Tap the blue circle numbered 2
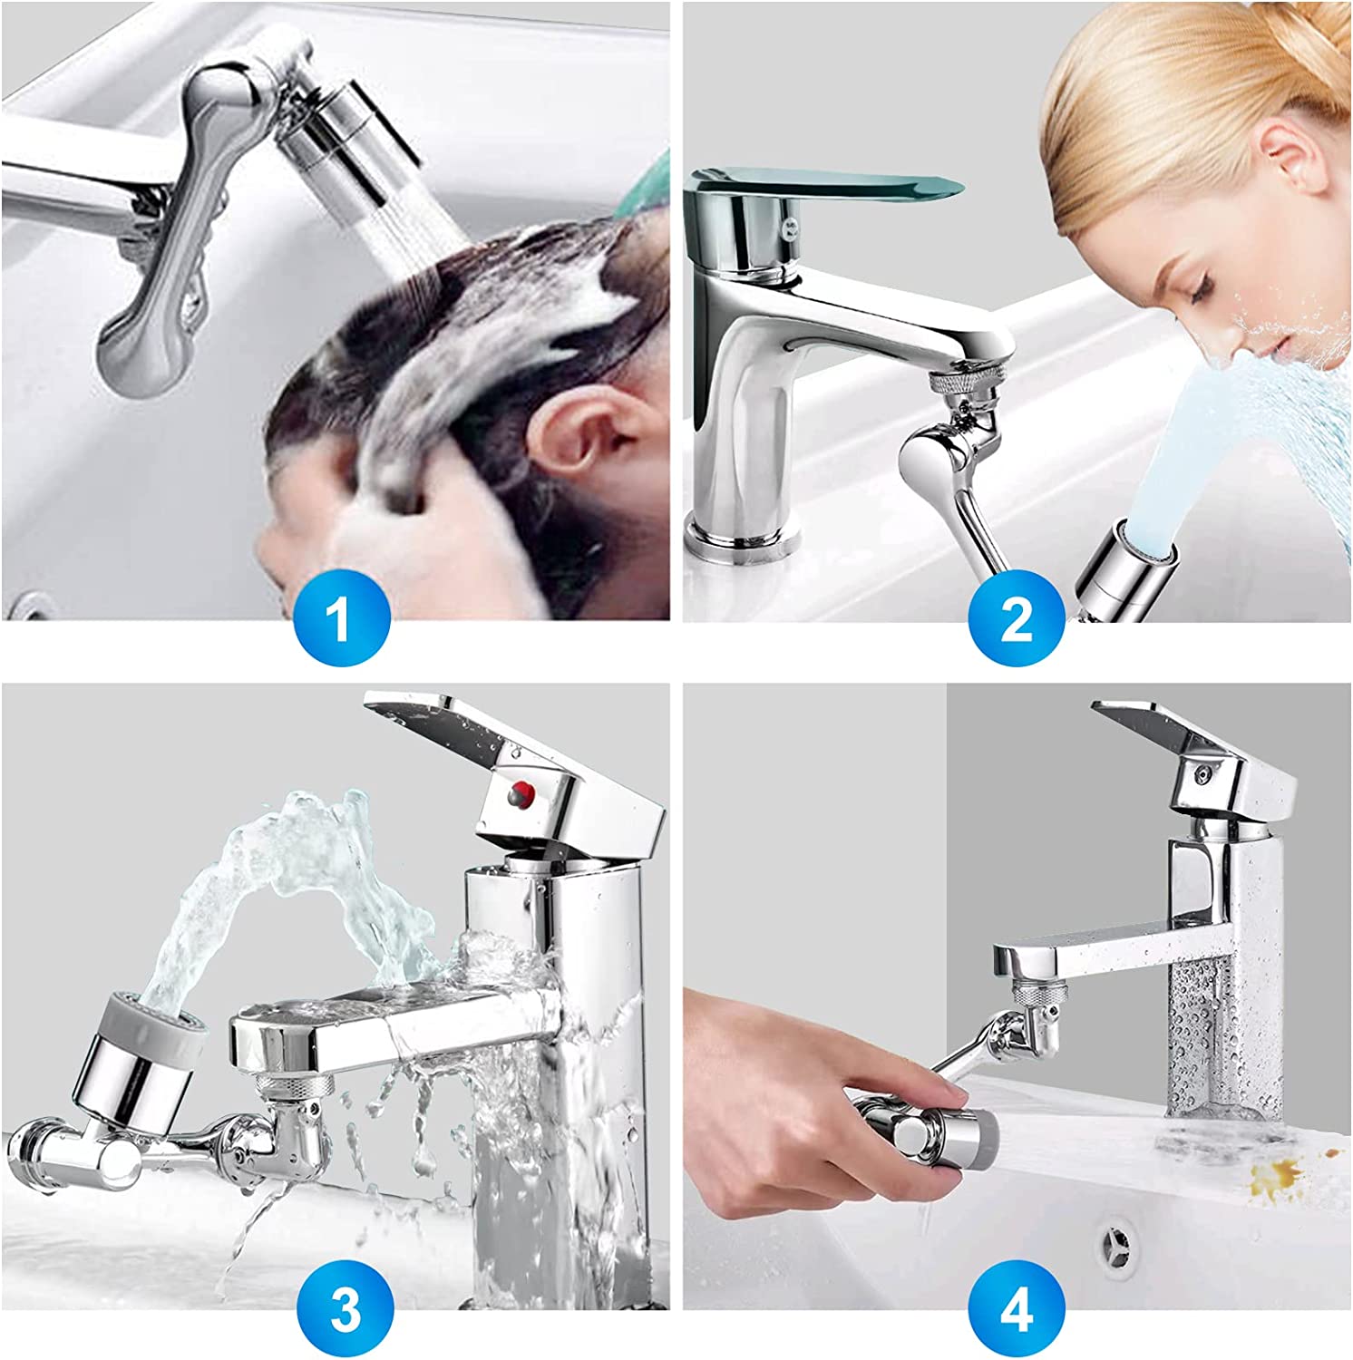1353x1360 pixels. [1017, 621]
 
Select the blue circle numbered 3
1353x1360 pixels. [346, 1310]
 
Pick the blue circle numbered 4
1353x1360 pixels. [1017, 1310]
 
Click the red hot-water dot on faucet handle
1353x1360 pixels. [520, 796]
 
